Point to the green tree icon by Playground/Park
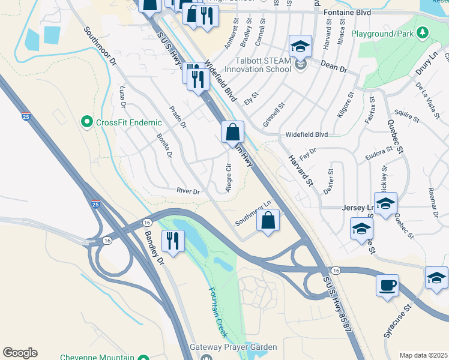pyautogui.click(x=423, y=32)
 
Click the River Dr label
pyautogui.click(x=188, y=191)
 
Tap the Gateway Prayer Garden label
pyautogui.click(x=234, y=347)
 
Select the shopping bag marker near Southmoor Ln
pyautogui.click(x=268, y=220)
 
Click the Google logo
pyautogui.click(x=20, y=353)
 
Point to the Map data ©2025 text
pyautogui.click(x=423, y=355)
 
